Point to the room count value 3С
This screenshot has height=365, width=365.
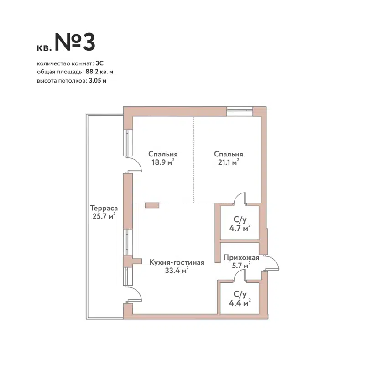point(100,63)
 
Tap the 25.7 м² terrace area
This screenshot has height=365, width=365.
point(103,216)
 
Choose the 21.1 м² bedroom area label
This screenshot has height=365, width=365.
point(228,162)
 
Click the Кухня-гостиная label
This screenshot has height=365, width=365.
point(177,262)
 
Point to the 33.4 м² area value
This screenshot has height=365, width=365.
point(176,271)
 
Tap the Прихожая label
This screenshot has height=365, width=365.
point(241,257)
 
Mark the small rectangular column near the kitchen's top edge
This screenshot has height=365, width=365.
point(152,206)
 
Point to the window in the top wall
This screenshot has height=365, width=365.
point(240,109)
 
